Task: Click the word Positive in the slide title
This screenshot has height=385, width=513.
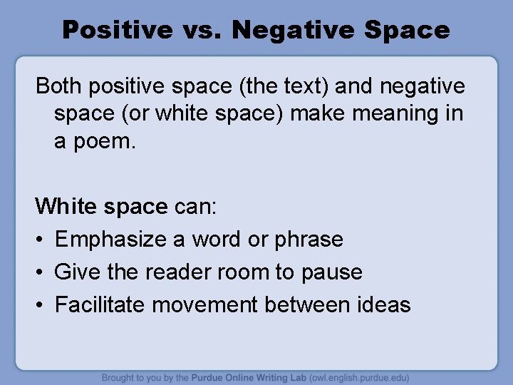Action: (116, 30)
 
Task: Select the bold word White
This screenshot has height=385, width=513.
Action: (66, 206)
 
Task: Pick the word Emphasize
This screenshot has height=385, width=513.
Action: (111, 239)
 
